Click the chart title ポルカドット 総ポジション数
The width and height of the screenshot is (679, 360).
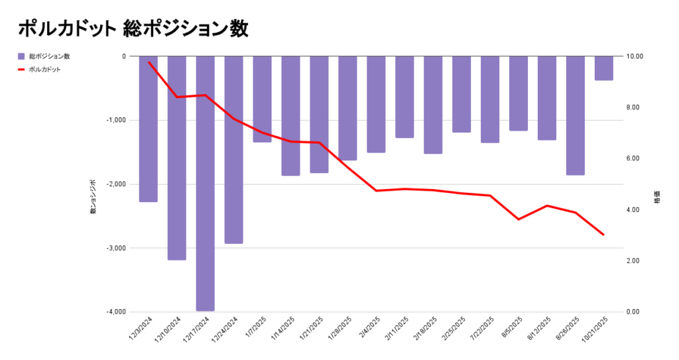point(133,29)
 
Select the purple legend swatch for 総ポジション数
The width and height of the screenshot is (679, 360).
point(21,56)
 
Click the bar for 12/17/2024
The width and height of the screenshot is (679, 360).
point(205,183)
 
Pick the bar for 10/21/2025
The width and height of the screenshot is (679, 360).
point(603,68)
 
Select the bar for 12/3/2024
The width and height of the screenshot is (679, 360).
point(148,129)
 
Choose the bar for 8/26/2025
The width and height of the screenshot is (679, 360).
point(575,115)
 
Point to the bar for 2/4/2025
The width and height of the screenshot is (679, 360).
point(376,104)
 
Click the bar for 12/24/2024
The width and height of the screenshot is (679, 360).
point(233,149)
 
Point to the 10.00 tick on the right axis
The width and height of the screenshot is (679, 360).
point(635,56)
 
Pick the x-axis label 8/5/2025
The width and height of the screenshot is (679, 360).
point(514,327)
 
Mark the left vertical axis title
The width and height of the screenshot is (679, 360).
point(93,197)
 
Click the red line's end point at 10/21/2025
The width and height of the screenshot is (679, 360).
point(603,235)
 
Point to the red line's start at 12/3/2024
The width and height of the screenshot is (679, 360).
point(149,62)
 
